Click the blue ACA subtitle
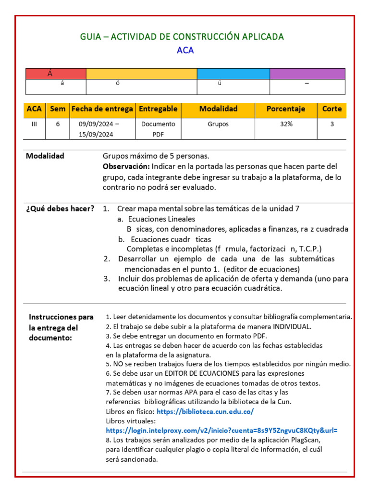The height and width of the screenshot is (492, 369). [185, 50]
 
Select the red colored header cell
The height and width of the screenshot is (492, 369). [56, 74]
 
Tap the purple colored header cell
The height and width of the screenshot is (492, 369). [307, 74]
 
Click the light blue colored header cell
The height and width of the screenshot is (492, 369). [233, 74]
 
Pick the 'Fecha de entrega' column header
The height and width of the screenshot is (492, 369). [102, 109]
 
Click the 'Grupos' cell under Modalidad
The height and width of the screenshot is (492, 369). [218, 124]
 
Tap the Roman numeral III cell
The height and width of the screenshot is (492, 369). [34, 124]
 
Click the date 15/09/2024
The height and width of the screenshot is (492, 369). [96, 135]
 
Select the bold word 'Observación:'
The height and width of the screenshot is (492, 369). [126, 166]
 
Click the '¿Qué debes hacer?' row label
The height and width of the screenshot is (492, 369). [60, 209]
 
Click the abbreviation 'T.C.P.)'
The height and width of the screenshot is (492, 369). [310, 249]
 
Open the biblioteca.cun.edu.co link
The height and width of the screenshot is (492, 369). [205, 412]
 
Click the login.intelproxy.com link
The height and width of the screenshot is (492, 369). [221, 430]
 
